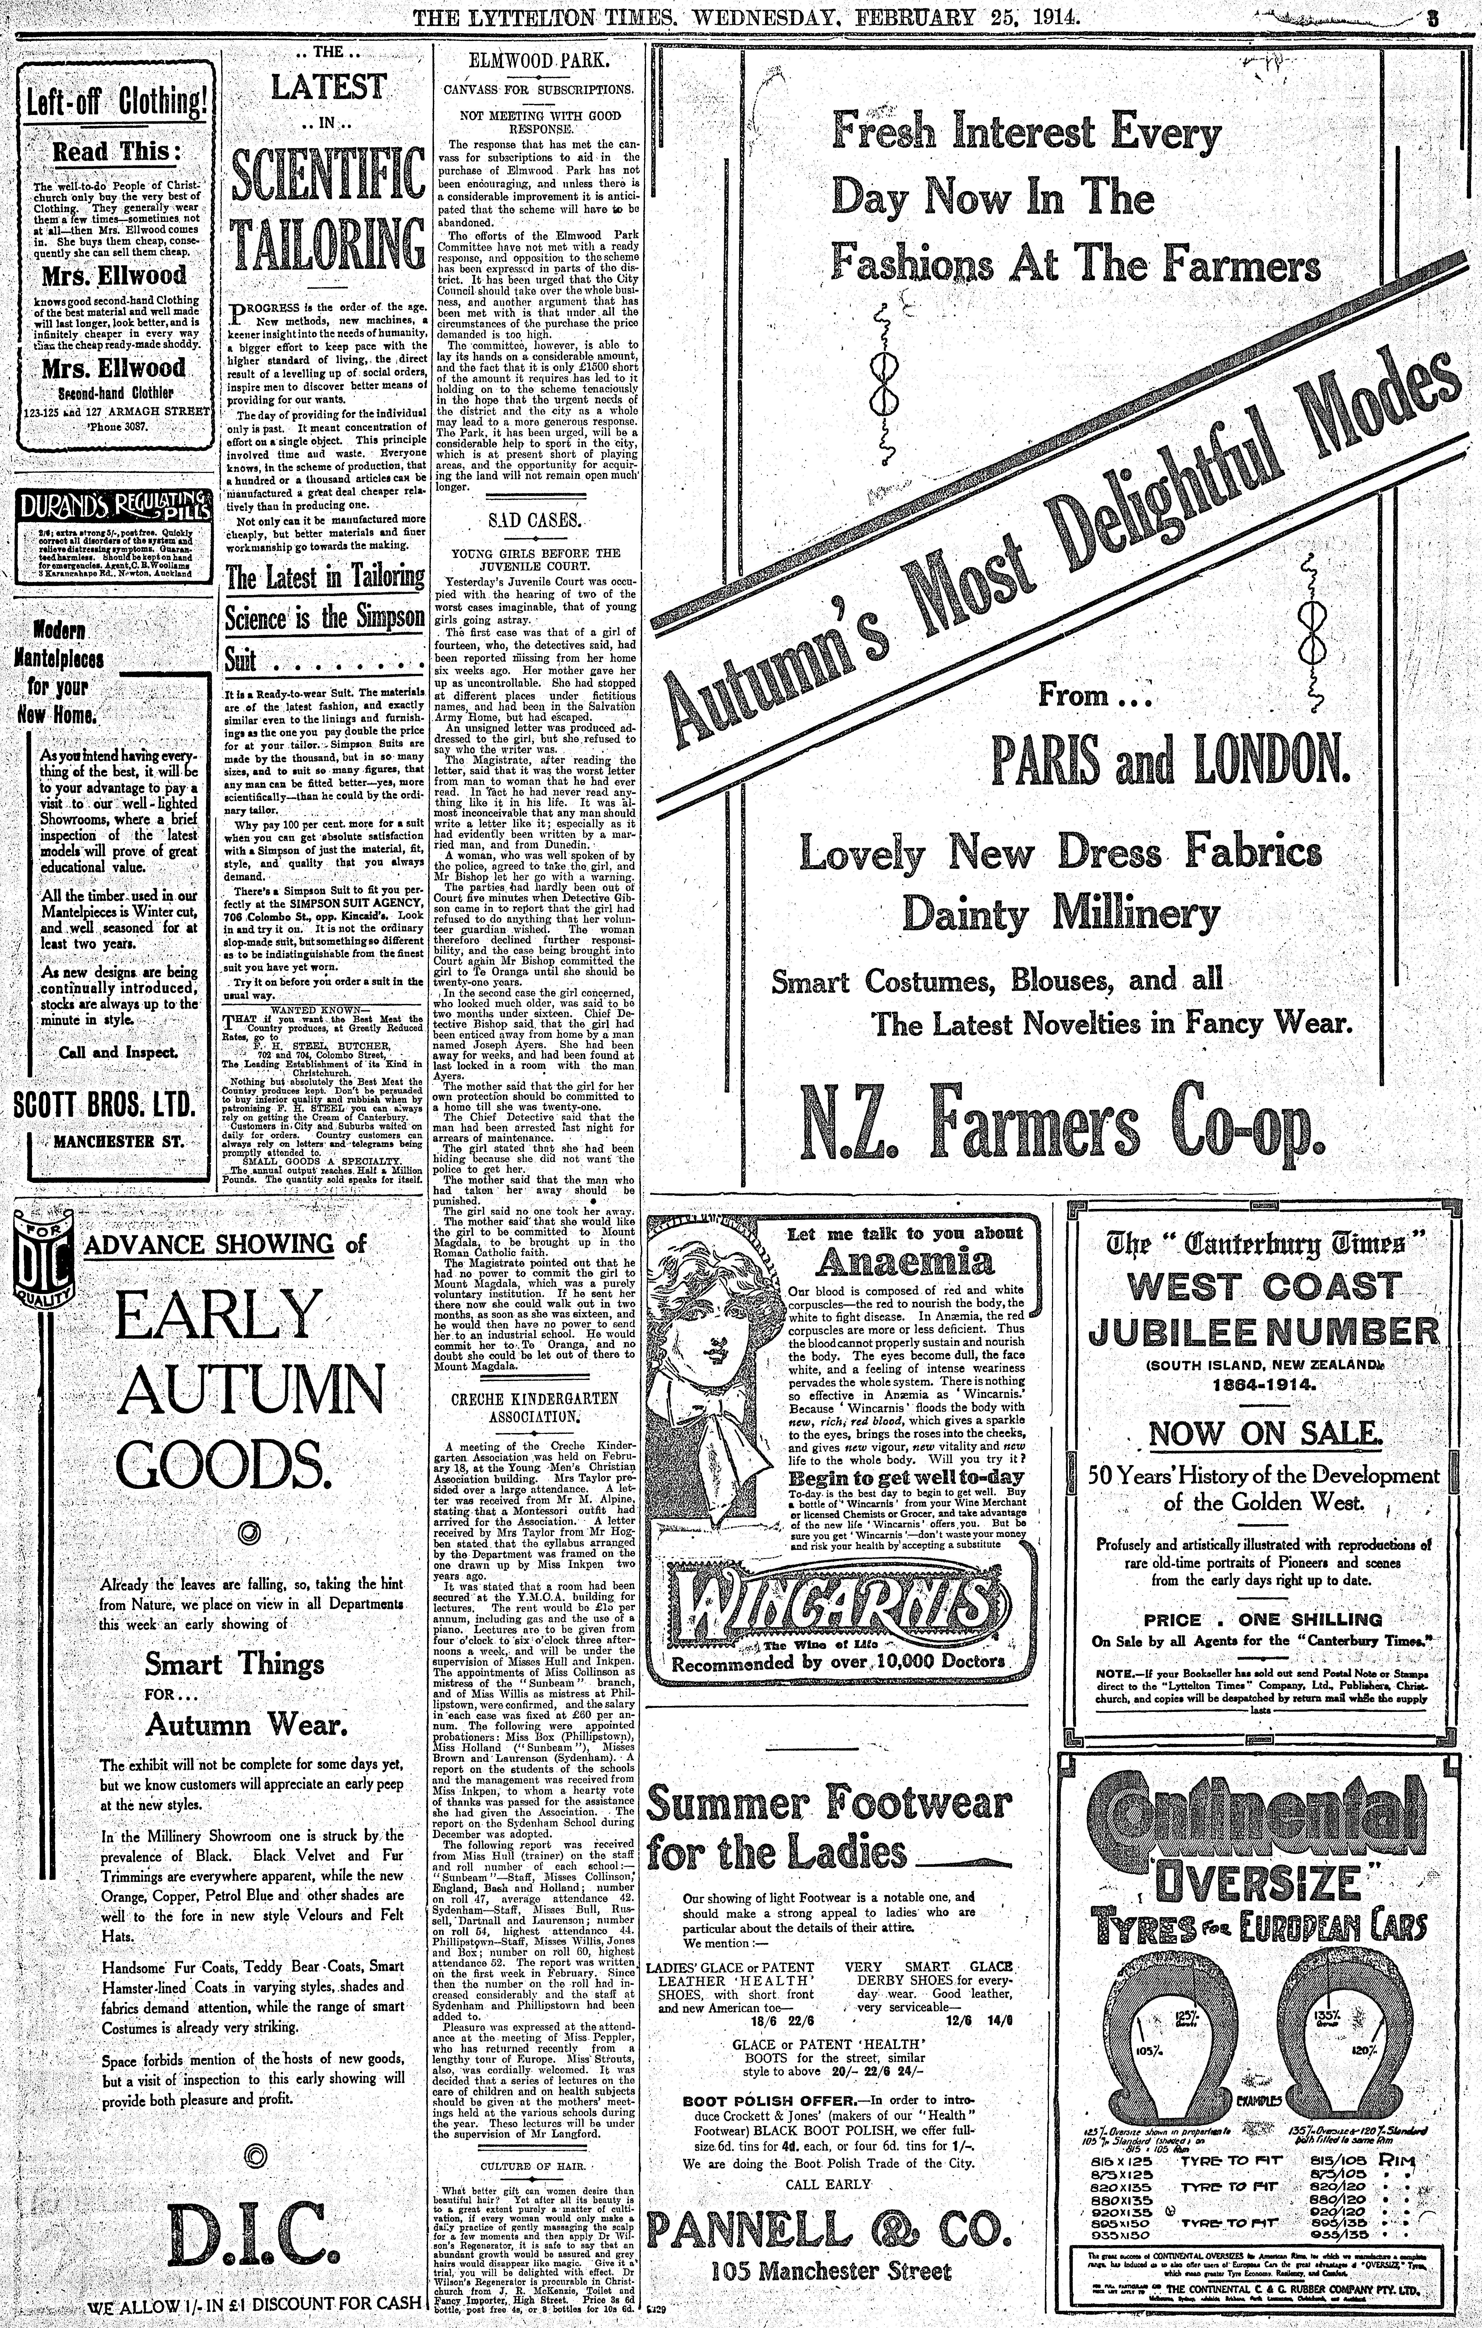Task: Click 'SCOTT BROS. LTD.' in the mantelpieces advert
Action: [x=106, y=1106]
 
